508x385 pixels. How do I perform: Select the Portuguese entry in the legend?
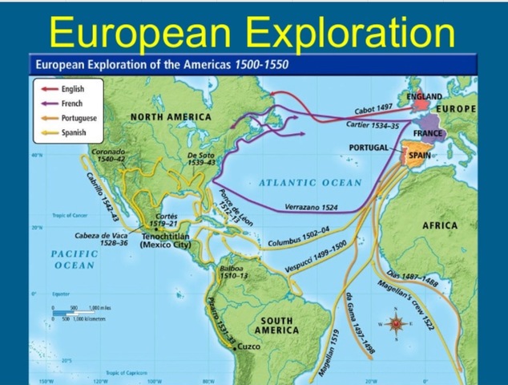click(x=79, y=118)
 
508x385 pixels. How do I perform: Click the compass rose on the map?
click(x=396, y=324)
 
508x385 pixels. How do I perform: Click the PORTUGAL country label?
click(x=369, y=148)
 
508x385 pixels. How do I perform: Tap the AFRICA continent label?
click(x=439, y=225)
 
